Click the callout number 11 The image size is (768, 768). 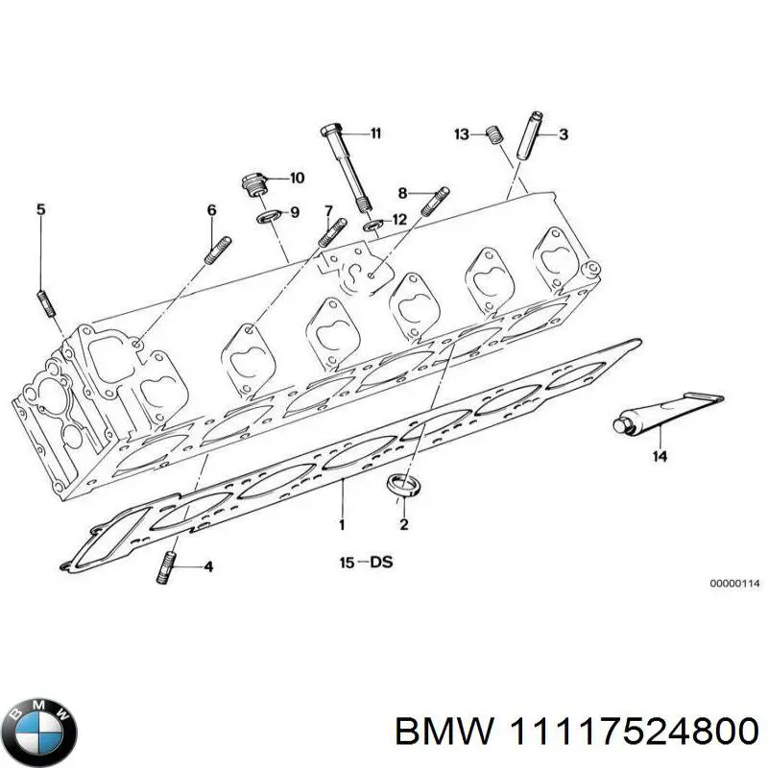pos(375,133)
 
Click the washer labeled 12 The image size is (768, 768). pos(374,227)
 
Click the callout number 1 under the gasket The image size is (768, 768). pos(342,525)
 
